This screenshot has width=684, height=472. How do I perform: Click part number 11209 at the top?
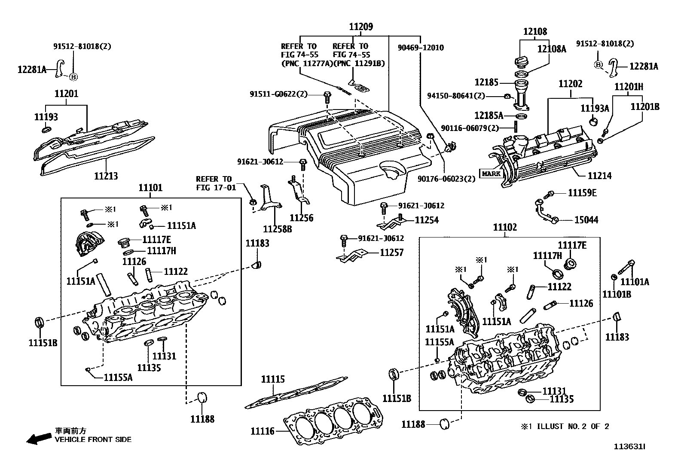pos(360,27)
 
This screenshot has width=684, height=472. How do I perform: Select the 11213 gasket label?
pos(106,176)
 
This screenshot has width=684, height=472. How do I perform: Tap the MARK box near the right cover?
pos(491,174)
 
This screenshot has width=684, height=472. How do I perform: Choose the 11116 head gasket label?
pos(263,431)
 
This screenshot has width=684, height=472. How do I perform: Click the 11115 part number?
pos(273,379)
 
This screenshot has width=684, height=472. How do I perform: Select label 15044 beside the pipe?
pos(586,220)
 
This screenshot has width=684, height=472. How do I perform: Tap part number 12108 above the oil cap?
pos(535,31)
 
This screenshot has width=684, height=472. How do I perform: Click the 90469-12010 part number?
pos(421,48)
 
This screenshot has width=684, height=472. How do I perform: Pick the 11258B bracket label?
pos(278,229)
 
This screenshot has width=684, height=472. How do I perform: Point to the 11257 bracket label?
pos(391,253)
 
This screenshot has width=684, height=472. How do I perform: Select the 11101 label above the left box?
pos(150,188)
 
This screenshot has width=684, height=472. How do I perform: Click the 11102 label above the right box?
pos(505,227)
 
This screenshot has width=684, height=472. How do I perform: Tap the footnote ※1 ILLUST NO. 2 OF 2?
pos(565,426)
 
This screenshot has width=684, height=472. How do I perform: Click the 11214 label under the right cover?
pos(599,176)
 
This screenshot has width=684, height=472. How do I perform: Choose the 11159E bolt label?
pos(582,193)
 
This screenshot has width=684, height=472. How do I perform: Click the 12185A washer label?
pos(489,116)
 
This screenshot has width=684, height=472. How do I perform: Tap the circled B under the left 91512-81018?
pos(73,77)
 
